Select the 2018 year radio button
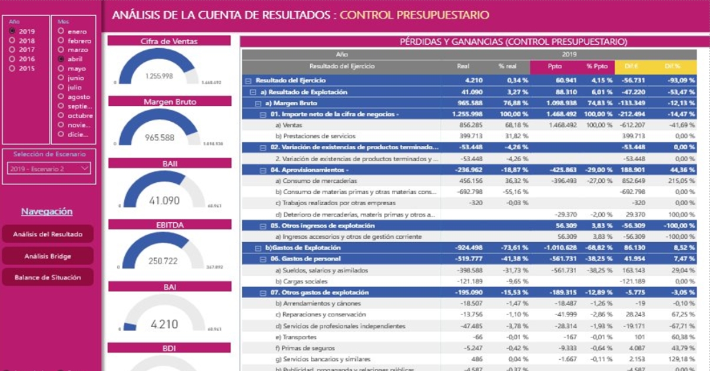[x=12, y=41]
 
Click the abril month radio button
[x=61, y=59]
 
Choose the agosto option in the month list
[x=61, y=97]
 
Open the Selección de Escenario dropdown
[x=49, y=169]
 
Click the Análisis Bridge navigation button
[x=48, y=256]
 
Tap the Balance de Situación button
[x=48, y=277]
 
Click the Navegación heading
[x=47, y=212]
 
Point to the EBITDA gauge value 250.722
[x=162, y=261]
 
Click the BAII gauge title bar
[x=170, y=163]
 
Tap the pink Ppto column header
[x=555, y=66]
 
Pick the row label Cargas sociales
[x=297, y=282]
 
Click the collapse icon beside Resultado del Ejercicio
[x=248, y=81]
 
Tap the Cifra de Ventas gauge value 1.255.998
[x=159, y=76]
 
